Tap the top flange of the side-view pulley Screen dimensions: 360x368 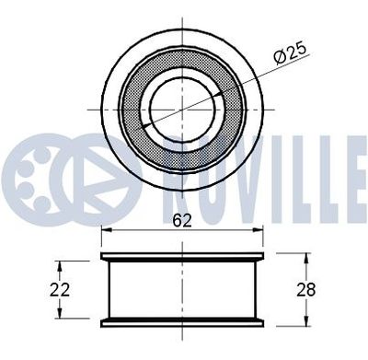pyautogui.click(x=182, y=256)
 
